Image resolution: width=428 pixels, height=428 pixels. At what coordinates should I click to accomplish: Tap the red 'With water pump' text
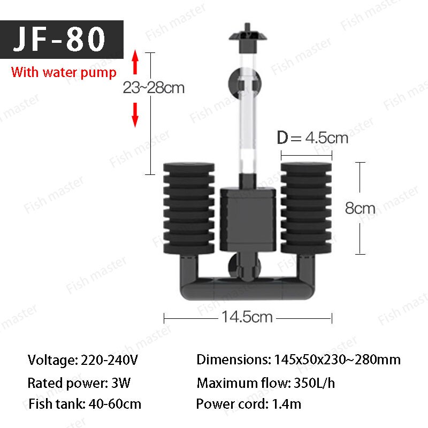(64, 72)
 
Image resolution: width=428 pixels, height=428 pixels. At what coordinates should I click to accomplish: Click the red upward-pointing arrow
(136, 63)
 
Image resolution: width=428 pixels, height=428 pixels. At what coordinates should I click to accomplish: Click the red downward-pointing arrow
(136, 114)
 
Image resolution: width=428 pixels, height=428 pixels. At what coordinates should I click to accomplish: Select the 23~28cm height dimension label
(154, 88)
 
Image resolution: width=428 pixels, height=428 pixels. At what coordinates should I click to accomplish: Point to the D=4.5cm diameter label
(312, 138)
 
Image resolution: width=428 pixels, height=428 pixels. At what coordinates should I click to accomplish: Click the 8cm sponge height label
(360, 208)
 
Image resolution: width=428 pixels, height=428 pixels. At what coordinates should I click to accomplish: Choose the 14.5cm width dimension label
(247, 317)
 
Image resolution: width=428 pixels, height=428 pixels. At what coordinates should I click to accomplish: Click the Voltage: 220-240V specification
(83, 360)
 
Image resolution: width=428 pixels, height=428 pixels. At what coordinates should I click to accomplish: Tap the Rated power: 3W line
(79, 383)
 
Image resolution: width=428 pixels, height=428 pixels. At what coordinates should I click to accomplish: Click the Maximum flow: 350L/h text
(266, 383)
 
